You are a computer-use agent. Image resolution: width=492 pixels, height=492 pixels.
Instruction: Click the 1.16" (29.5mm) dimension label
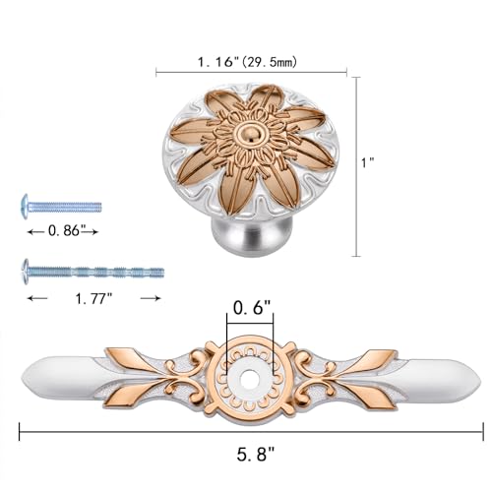pyautogui.click(x=247, y=61)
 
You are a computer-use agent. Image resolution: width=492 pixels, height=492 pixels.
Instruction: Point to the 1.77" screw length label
pyautogui.click(x=93, y=298)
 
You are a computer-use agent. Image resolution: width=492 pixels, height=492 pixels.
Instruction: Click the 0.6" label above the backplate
pyautogui.click(x=252, y=307)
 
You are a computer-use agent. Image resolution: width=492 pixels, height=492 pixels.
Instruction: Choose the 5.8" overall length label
pyautogui.click(x=255, y=454)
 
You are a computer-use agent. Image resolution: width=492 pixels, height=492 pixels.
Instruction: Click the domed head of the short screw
pyautogui.click(x=25, y=207)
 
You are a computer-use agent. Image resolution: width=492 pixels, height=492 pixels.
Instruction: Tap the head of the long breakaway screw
pyautogui.click(x=25, y=272)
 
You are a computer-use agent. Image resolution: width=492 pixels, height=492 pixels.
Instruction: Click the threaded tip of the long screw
pyautogui.click(x=159, y=273)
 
